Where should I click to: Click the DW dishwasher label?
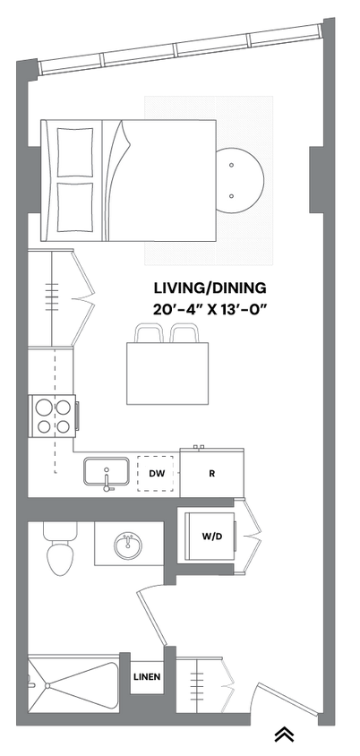[x=156, y=473]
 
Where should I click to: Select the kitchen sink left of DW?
[x=108, y=472]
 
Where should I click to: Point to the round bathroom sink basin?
[x=129, y=544]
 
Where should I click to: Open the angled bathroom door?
[x=152, y=609]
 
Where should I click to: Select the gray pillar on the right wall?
[x=318, y=178]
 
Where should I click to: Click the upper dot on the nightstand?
[x=231, y=166]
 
